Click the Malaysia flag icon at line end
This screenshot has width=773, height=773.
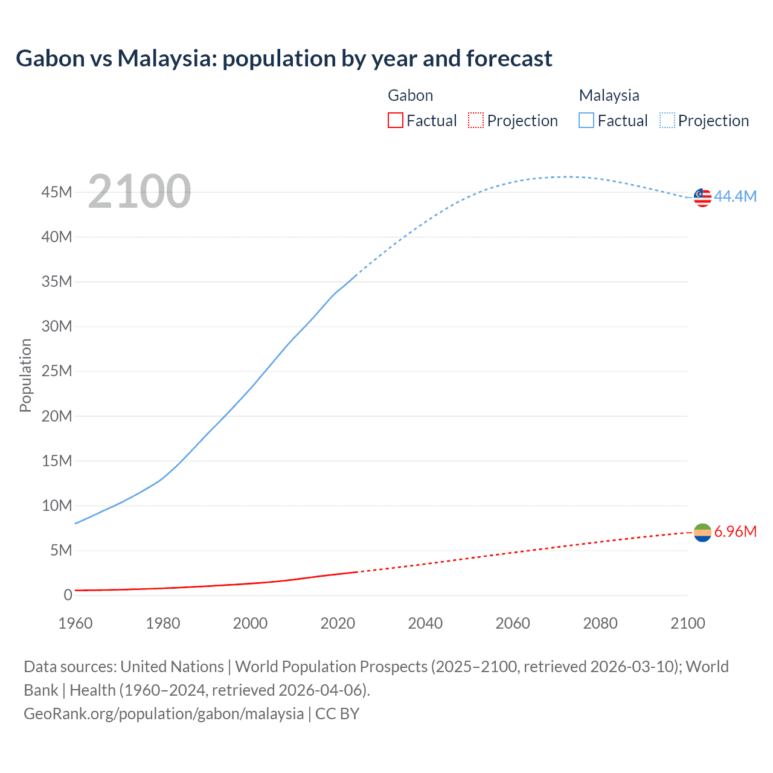coord(702,197)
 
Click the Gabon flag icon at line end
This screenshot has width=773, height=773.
coord(702,532)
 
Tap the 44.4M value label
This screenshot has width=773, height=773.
coord(735,196)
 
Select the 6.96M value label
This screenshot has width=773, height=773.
coord(735,531)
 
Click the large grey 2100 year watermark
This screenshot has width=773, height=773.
coord(140,191)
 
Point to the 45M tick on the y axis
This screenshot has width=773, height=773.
coord(57,192)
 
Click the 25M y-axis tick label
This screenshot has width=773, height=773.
coord(57,371)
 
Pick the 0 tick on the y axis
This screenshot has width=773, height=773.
coord(68,595)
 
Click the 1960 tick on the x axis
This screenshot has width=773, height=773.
coord(75,623)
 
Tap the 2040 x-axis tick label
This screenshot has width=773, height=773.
coord(425,623)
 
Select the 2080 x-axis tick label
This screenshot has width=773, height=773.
coord(600,623)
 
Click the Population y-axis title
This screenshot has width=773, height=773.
coord(25,375)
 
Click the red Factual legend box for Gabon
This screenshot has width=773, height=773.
coord(395,120)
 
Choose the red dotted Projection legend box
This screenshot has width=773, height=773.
coord(476,120)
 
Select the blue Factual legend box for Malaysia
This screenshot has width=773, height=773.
coord(586,120)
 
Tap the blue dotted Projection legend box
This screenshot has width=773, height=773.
coord(667,120)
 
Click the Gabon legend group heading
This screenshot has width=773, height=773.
coord(410,95)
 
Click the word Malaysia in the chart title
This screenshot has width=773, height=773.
coord(167,59)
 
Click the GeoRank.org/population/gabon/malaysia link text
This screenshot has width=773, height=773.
coord(164,713)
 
